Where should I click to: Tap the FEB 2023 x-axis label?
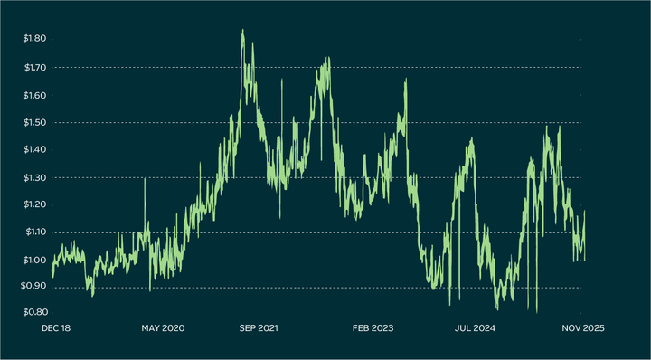coord(373,328)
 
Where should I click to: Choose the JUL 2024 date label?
coord(472,328)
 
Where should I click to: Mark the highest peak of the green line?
coord(242,30)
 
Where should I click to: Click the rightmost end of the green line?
coord(585,211)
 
